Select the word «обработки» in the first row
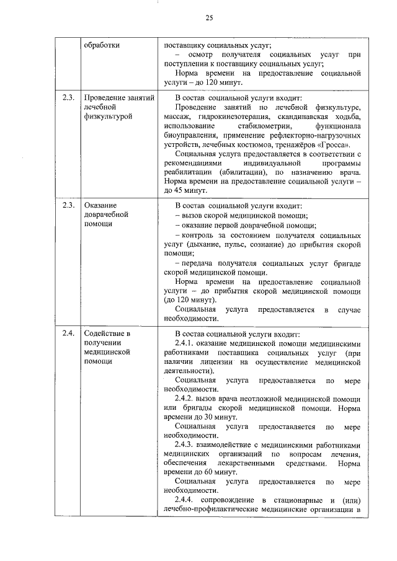102,45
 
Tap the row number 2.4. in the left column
68,334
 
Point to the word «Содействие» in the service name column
106,334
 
